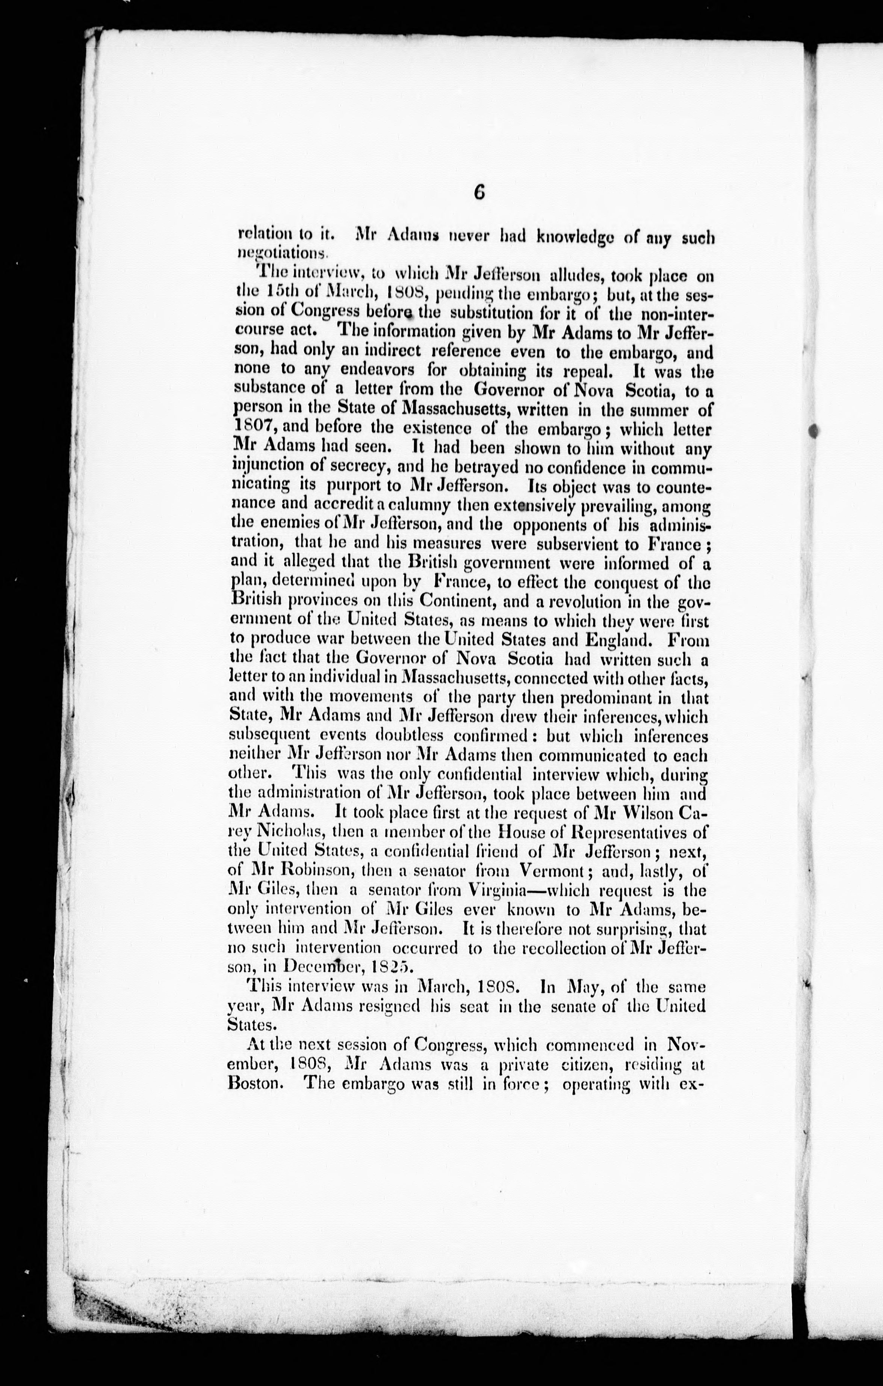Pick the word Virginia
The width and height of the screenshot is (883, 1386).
(x=494, y=890)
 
